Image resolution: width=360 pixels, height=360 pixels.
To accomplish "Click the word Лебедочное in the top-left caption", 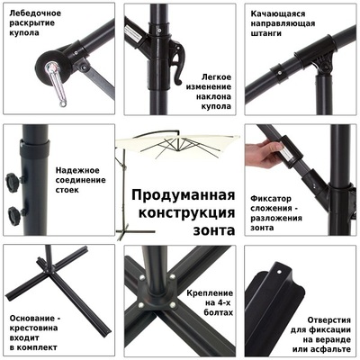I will coord(33,13).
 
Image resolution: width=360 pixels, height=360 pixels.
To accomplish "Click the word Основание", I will coord(35,319).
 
